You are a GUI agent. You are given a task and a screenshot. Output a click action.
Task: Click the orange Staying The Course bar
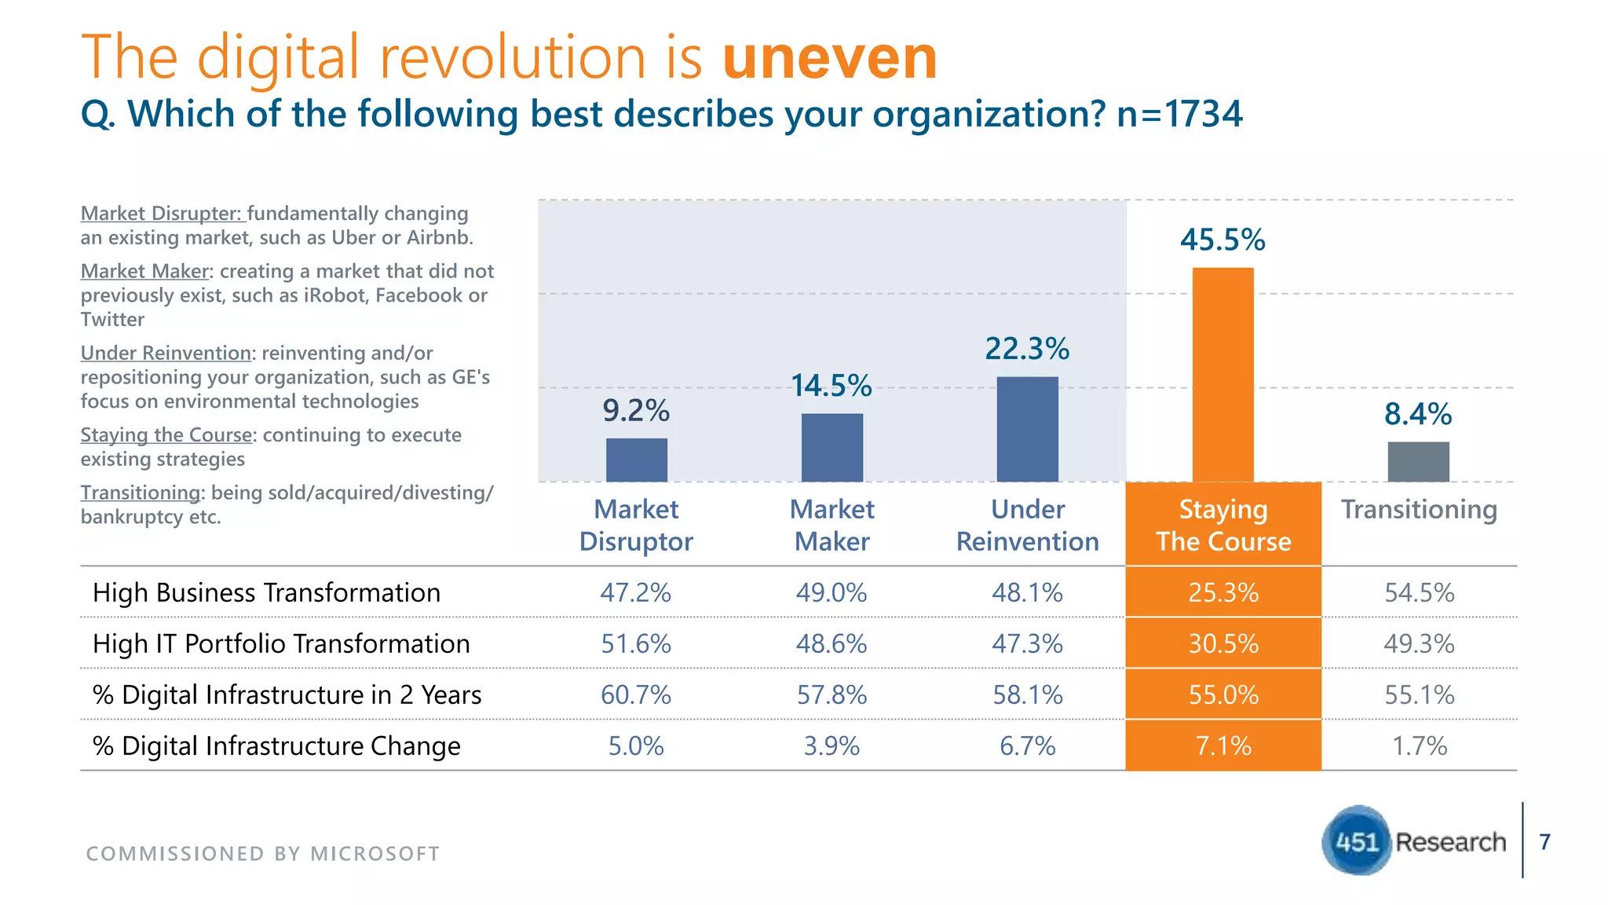[1222, 375]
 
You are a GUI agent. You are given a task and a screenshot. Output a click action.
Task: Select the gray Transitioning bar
[1418, 462]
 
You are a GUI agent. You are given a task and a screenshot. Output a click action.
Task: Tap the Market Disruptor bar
[636, 460]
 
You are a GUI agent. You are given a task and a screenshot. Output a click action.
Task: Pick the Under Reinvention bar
[1027, 430]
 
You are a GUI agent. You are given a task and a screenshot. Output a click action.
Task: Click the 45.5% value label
[1222, 240]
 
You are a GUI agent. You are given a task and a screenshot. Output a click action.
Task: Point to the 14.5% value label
[831, 386]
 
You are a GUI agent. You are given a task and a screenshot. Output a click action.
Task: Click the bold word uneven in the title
[829, 57]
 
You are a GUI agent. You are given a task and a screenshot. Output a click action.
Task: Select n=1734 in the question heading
[1179, 114]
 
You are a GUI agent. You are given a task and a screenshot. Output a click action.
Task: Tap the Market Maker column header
[831, 525]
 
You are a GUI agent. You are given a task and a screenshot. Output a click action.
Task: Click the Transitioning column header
[1419, 509]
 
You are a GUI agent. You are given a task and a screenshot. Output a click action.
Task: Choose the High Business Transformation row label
[266, 592]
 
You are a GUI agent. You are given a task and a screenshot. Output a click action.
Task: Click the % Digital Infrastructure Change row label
[276, 746]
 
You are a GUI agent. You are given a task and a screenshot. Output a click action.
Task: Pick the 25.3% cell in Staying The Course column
[1222, 592]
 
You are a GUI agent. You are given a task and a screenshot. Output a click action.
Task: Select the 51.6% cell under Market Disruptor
[636, 643]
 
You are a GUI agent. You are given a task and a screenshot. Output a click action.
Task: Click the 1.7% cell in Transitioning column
[1419, 746]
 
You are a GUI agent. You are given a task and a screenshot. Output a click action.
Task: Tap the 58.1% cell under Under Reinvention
[1027, 694]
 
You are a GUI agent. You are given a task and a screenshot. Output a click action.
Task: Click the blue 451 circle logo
[1357, 841]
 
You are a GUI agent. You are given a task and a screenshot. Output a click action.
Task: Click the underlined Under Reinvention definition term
[166, 353]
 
